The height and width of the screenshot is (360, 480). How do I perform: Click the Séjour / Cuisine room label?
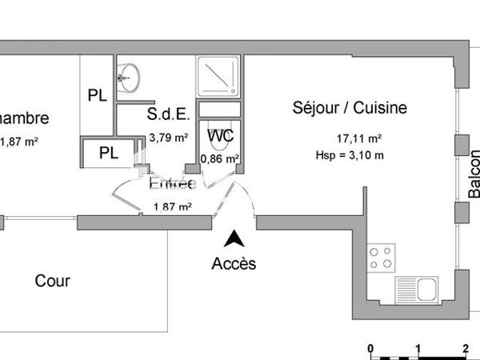[x=350, y=108]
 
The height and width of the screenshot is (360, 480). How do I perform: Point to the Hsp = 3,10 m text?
[x=350, y=155]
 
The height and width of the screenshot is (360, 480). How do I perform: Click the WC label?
[x=220, y=136]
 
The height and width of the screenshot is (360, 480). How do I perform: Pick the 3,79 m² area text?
[x=169, y=137]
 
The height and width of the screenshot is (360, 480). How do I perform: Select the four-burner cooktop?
[x=381, y=258]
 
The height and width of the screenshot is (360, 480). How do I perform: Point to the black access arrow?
[x=234, y=238]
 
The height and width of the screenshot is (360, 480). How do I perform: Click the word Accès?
[x=234, y=263]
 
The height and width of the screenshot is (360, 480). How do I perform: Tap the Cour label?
[x=53, y=282]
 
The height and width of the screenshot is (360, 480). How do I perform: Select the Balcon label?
[x=474, y=174]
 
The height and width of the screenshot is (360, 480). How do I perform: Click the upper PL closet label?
[x=98, y=95]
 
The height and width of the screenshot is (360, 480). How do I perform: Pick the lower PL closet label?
[x=108, y=153]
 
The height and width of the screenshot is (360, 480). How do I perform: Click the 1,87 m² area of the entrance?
[x=172, y=207]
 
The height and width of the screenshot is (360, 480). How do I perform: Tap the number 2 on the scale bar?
[x=465, y=348]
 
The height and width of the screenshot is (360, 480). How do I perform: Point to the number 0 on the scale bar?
[x=370, y=348]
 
